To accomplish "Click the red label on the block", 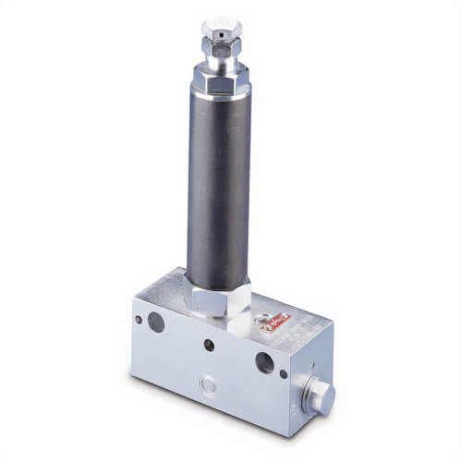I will tap(276, 322).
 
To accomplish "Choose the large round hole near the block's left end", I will tap(155, 322).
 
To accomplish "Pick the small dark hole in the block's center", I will tap(209, 345).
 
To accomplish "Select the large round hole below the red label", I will tap(264, 360).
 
